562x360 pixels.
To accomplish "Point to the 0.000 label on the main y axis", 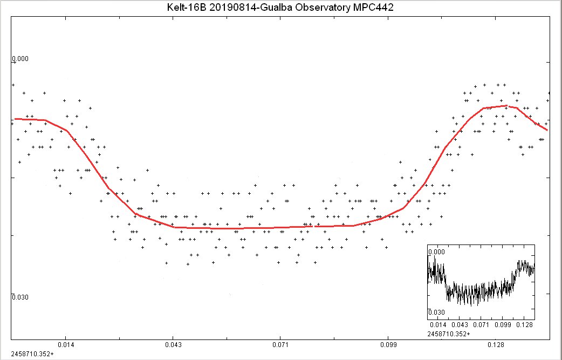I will (x=20, y=59).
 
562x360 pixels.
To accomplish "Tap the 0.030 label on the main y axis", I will (x=20, y=297).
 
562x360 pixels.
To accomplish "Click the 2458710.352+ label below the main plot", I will (x=32, y=354).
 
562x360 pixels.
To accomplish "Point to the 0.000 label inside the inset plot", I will (x=436, y=252).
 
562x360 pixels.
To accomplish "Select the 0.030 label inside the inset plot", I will (x=436, y=313).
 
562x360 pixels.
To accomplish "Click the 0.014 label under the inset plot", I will (x=438, y=325).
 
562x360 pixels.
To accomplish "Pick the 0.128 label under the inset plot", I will (x=524, y=325).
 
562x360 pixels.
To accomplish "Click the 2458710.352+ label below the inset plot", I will (x=448, y=335).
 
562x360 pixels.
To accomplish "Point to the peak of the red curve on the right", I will (x=506, y=106).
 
